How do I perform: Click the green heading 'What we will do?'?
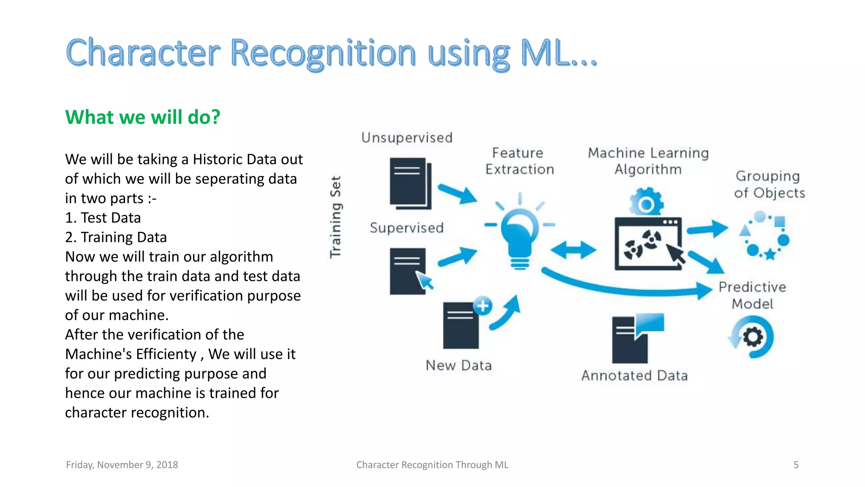142,117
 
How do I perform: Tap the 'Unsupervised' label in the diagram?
407,138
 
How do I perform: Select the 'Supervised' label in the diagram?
407,228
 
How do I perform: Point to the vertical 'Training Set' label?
335,217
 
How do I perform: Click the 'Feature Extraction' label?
519,161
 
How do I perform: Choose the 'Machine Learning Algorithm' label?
648,161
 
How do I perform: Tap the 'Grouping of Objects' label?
769,184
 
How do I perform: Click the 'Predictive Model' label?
752,295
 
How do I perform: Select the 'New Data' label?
459,365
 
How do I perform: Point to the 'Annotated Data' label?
634,375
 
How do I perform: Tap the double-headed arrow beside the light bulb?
574,250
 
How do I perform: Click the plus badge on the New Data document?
483,305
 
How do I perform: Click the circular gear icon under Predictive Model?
752,337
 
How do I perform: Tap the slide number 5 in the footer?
796,465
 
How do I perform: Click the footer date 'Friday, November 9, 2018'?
122,465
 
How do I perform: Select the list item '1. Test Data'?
103,218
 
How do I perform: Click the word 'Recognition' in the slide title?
323,54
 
